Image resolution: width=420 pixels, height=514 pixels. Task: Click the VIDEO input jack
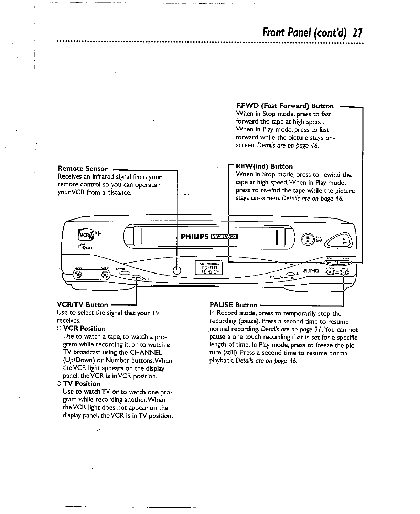(78, 274)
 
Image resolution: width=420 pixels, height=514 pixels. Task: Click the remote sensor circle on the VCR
(177, 270)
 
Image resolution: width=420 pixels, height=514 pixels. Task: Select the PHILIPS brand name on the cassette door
(195, 236)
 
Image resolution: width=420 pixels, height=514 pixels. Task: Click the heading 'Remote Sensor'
(83, 169)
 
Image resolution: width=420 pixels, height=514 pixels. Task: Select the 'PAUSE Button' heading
(233, 305)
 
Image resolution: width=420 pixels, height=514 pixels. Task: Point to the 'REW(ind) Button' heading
(264, 167)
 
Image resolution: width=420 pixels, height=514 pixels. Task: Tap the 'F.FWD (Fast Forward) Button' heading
(284, 106)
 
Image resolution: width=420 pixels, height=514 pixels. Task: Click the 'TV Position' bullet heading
(82, 384)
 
